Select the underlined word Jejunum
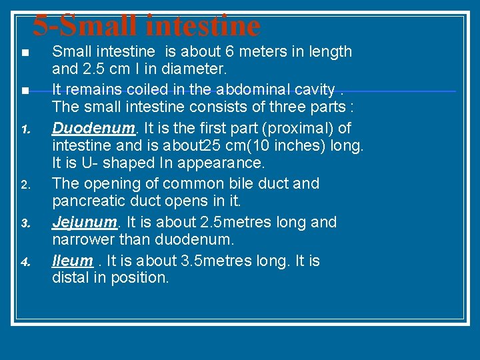[77, 222]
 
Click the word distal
[69, 278]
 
